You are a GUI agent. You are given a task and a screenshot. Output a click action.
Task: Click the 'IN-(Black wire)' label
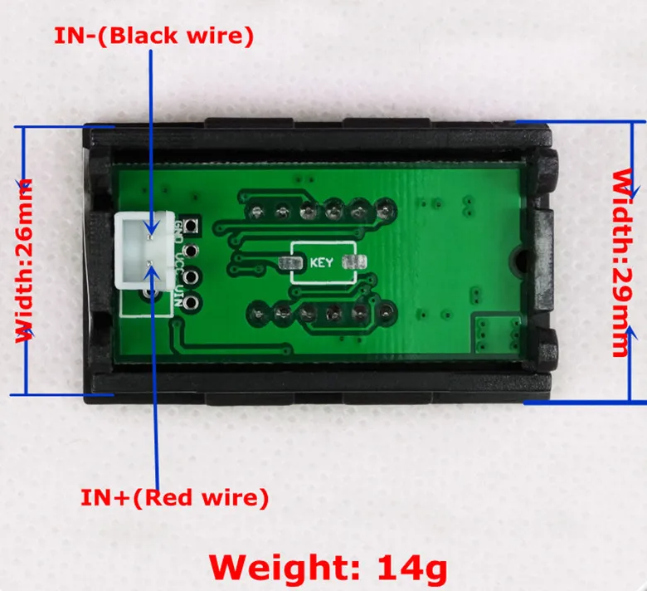coord(153,36)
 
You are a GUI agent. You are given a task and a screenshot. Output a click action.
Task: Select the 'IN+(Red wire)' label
coord(174,498)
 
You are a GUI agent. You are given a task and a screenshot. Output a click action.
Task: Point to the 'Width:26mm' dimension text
coord(26,259)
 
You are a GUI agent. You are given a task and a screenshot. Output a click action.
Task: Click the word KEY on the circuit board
coord(321,263)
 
